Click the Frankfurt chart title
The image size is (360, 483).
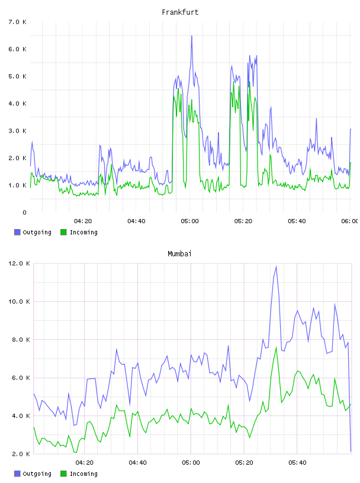click(180, 12)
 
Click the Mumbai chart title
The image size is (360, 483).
click(179, 254)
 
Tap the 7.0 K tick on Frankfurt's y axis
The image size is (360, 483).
click(18, 22)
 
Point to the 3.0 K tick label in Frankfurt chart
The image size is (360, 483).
click(18, 131)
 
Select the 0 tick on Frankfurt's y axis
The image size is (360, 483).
click(24, 212)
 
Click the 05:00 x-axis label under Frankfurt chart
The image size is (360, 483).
click(189, 221)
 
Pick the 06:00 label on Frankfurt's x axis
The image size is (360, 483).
click(350, 221)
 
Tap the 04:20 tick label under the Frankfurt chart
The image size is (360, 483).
click(83, 221)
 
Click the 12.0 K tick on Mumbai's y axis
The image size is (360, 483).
click(19, 263)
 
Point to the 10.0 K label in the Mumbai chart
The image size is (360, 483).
click(19, 301)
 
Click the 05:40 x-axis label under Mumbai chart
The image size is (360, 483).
click(297, 462)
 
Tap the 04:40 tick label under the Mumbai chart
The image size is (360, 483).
click(138, 462)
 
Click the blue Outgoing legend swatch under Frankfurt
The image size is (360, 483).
click(17, 232)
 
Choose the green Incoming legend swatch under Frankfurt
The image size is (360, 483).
click(63, 232)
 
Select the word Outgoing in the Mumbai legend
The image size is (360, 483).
click(37, 474)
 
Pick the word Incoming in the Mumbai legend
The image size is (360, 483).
click(83, 474)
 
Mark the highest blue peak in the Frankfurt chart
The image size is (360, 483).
click(191, 36)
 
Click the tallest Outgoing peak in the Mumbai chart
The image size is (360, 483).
click(276, 266)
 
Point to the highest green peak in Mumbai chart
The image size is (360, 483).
click(276, 347)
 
